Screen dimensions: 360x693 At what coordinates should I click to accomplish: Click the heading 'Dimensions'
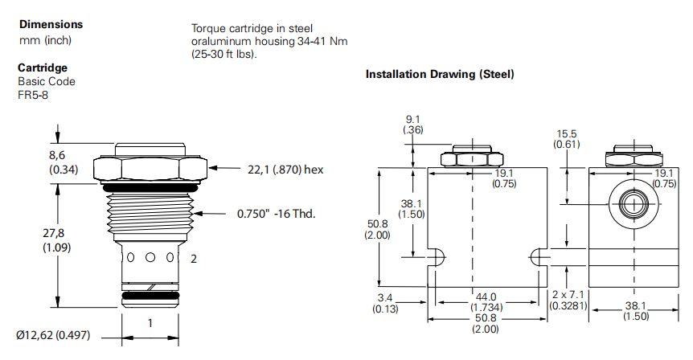coord(50,24)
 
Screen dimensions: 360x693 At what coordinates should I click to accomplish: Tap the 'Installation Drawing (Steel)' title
coord(439,75)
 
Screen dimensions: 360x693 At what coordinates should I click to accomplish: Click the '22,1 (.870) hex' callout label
coord(285,169)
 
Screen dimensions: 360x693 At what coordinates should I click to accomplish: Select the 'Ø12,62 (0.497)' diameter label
coord(58,334)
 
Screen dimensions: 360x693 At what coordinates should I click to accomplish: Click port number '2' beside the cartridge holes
coord(193,259)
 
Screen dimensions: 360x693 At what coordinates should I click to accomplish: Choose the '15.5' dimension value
coord(568,133)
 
